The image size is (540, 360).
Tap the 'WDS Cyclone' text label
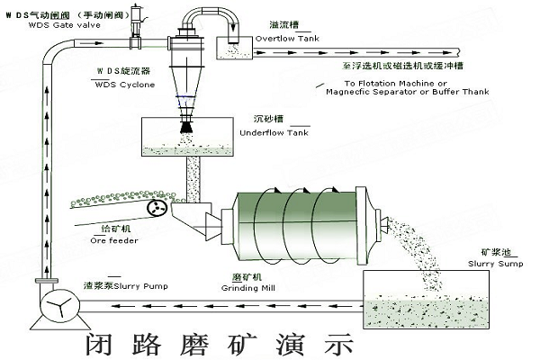point(121,85)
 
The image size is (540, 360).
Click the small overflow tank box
point(238,33)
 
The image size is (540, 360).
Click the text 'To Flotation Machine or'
point(382,83)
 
